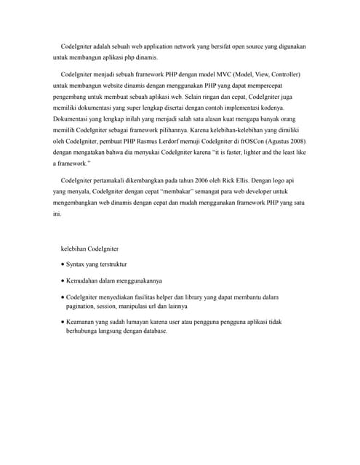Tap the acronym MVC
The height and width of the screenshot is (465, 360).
click(x=228, y=75)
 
